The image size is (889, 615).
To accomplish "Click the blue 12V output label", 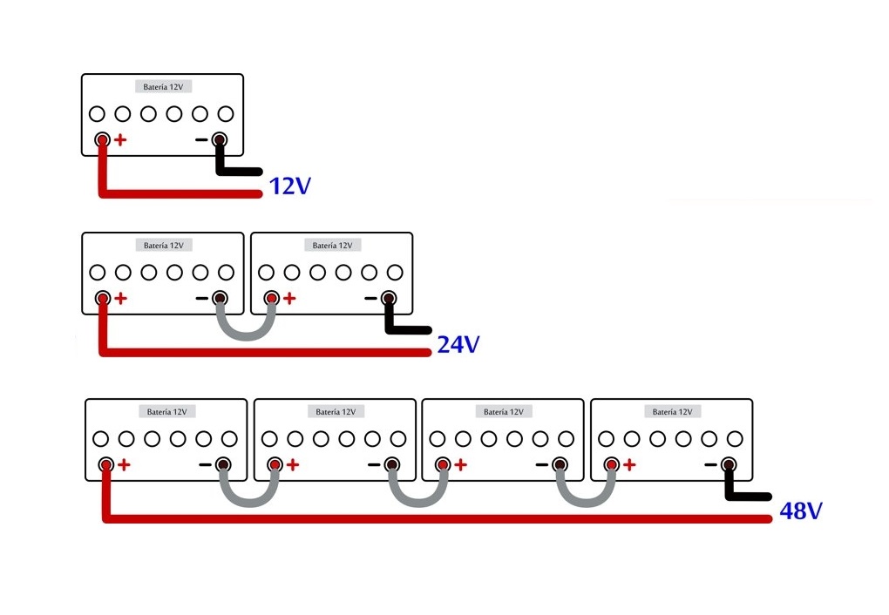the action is click(289, 186).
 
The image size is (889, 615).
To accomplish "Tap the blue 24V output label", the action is click(458, 345).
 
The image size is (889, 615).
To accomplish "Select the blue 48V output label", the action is click(801, 510).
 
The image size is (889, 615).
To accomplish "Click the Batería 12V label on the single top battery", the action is click(163, 87).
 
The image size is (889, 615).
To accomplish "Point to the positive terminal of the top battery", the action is click(103, 139).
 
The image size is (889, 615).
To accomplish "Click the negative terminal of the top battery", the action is click(220, 139).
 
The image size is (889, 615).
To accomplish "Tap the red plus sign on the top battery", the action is click(120, 139).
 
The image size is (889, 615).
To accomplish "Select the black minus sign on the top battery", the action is click(201, 139).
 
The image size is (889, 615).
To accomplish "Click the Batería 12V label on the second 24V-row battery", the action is click(332, 246).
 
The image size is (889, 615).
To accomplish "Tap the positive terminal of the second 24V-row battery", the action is click(272, 298).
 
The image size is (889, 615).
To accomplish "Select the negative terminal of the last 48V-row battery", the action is click(729, 465).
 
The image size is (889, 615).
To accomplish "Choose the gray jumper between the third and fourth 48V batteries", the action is click(586, 503).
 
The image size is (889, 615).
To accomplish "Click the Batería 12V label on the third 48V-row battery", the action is click(504, 412).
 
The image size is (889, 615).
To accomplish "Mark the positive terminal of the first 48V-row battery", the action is click(105, 465).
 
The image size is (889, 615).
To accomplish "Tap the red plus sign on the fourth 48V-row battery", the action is click(628, 465).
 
